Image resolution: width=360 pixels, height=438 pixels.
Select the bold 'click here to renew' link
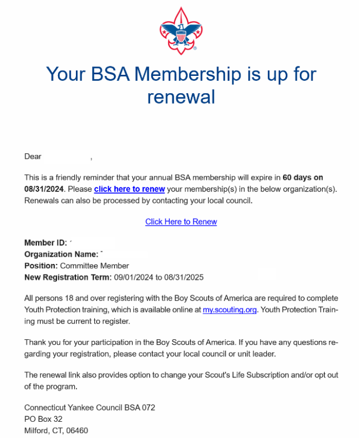click(x=129, y=189)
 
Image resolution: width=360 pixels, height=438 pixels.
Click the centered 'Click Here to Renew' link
click(x=181, y=222)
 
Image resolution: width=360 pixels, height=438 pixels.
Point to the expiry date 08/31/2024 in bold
click(x=44, y=189)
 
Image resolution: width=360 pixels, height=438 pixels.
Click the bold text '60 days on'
click(x=303, y=178)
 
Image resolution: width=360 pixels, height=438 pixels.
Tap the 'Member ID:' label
click(x=46, y=243)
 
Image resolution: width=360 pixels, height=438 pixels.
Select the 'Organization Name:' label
click(x=61, y=254)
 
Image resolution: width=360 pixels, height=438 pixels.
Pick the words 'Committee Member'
click(x=94, y=266)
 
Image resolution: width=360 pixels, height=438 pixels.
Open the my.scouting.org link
click(x=229, y=310)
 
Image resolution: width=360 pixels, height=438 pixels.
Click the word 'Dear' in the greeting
click(x=33, y=156)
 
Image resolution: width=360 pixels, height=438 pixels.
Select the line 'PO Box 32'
click(x=43, y=419)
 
